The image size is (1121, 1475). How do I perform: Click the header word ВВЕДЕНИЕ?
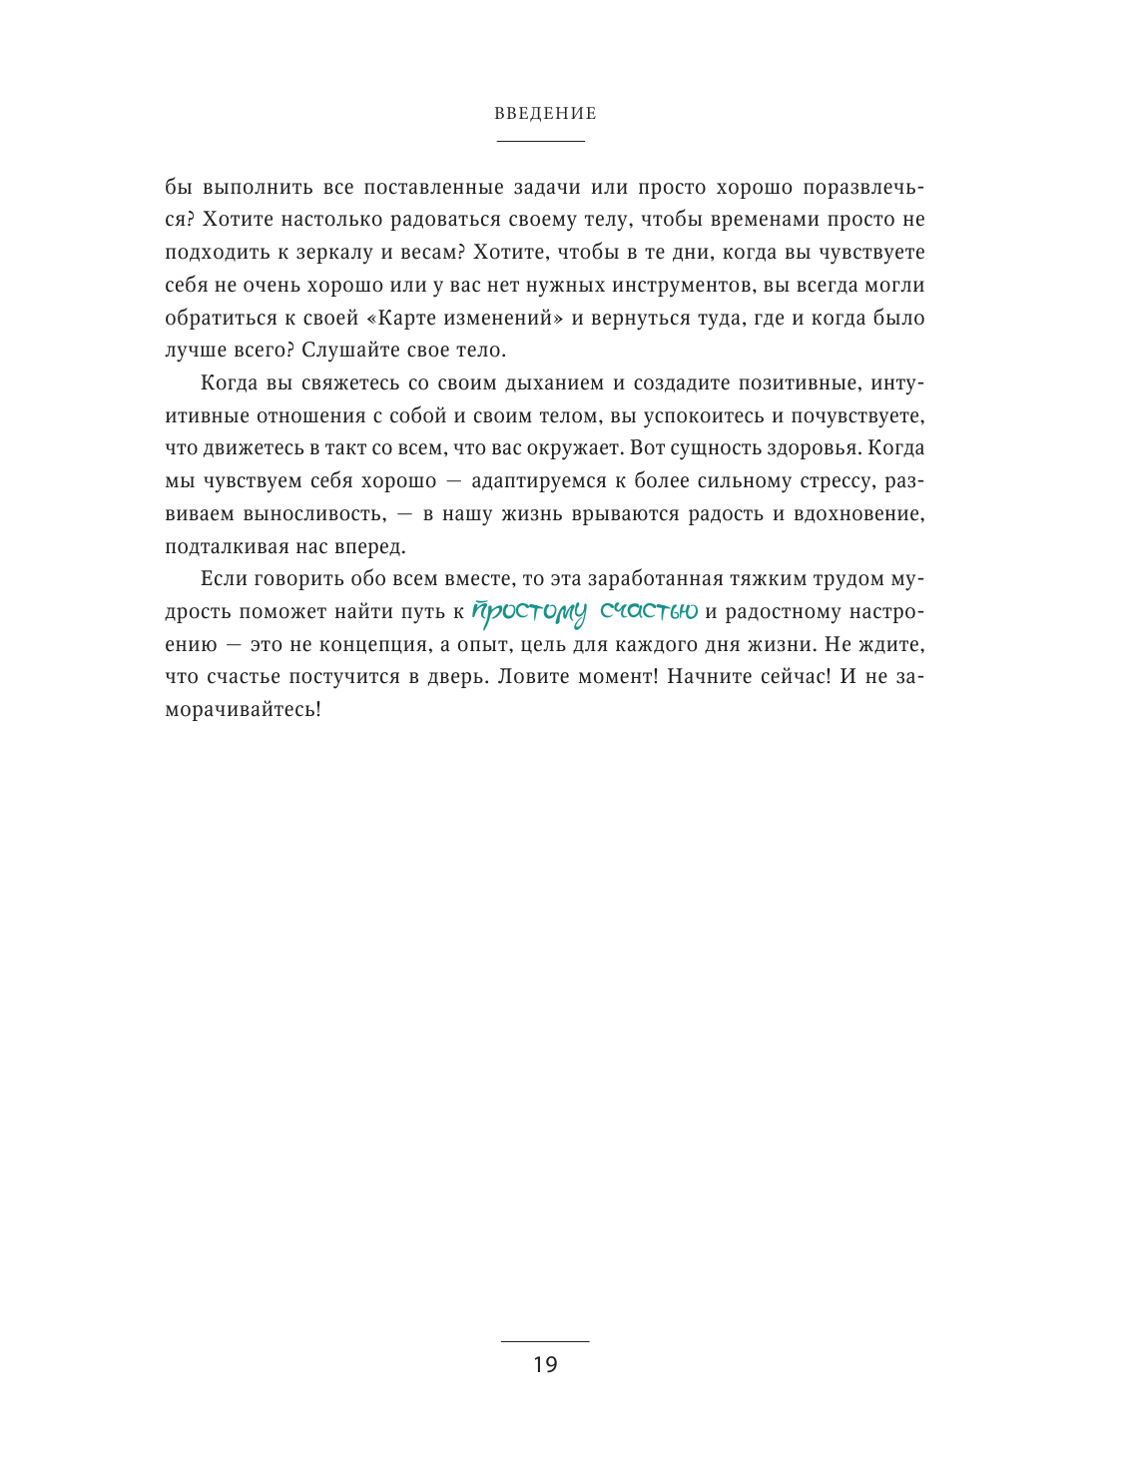545,114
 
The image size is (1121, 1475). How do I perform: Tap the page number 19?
545,1365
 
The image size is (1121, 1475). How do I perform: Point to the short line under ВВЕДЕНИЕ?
540,142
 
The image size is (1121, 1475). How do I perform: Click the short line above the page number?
545,1341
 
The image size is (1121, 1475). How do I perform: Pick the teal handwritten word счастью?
649,610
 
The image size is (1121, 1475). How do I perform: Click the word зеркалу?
332,253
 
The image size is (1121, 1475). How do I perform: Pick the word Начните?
707,677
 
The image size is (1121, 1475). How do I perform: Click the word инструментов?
673,286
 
